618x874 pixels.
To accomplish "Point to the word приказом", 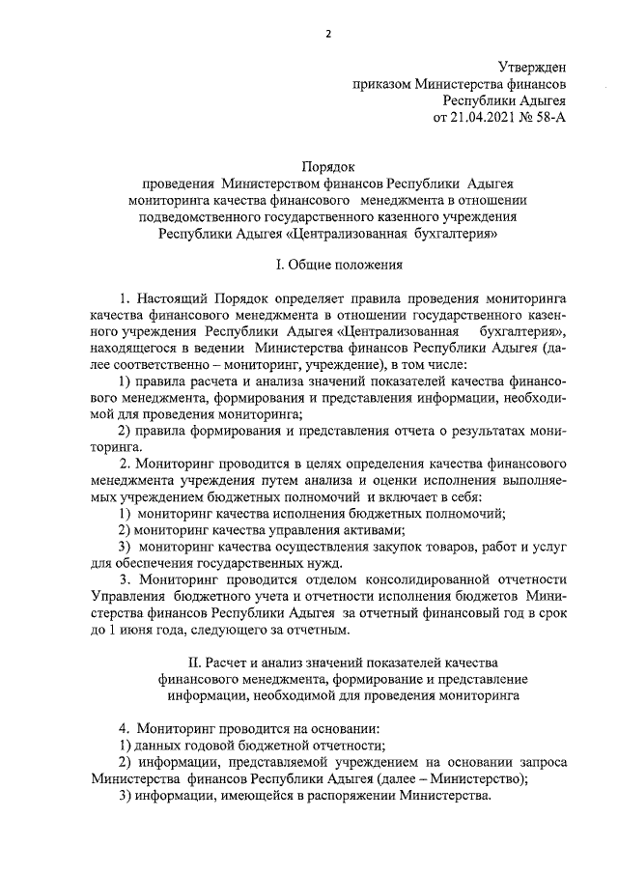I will click(x=383, y=83).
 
